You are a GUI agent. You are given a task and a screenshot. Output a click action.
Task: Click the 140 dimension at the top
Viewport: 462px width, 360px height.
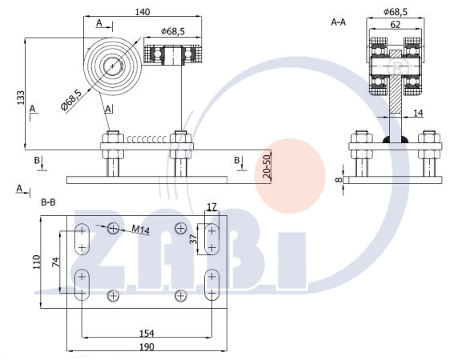(143, 12)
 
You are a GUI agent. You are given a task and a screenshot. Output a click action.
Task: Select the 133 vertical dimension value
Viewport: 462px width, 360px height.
(21, 98)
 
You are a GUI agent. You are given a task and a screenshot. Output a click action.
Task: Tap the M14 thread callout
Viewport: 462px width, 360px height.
(140, 230)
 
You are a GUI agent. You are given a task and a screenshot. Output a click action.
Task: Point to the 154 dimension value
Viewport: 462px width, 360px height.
(147, 333)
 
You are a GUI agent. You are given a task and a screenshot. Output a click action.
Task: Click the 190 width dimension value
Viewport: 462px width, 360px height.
(147, 346)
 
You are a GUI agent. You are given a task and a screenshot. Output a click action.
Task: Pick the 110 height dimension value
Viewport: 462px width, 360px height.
(37, 262)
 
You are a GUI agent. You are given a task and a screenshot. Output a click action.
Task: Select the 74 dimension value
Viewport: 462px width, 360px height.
(56, 262)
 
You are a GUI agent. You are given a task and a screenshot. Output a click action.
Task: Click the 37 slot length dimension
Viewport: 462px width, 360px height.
(193, 240)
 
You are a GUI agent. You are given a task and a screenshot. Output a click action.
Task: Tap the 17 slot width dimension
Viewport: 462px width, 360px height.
(212, 206)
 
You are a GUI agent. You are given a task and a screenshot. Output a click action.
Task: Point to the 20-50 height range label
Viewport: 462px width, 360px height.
(267, 166)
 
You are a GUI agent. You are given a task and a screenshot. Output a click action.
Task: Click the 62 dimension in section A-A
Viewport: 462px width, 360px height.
(395, 25)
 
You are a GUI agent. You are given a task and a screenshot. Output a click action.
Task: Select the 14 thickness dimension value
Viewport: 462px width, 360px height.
(418, 113)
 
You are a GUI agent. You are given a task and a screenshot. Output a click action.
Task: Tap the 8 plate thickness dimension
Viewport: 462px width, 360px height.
(339, 179)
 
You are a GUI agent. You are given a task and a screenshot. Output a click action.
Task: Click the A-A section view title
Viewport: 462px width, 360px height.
(339, 22)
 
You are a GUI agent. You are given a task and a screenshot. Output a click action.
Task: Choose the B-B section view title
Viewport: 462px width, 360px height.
(48, 202)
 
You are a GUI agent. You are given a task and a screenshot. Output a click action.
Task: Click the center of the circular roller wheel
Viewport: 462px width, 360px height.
(113, 66)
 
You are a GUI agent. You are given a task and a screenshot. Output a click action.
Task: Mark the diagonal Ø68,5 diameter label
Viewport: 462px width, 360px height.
(71, 100)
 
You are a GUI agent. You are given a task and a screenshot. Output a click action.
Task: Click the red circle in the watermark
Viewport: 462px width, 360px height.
(290, 176)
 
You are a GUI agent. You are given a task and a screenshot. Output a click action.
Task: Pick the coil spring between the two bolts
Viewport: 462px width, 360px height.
(147, 138)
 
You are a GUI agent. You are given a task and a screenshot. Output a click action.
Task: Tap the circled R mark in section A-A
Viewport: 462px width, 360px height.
(398, 68)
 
